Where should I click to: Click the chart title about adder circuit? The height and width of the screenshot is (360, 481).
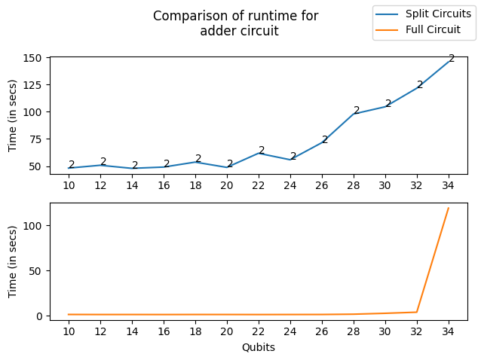pos(236,23)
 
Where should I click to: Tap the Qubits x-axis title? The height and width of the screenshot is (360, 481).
pos(259,347)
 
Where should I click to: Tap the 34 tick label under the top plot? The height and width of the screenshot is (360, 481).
pos(449,185)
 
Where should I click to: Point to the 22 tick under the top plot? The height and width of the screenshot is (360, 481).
pos(259,185)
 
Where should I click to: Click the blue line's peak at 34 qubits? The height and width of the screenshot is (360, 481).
pos(449,59)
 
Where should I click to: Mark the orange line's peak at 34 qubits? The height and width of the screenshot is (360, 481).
pos(449,208)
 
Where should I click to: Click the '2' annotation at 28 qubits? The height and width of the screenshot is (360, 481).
pos(357,111)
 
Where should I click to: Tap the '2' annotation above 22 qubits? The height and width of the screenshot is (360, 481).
pos(262,150)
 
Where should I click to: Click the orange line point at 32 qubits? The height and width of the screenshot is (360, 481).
pos(417,312)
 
